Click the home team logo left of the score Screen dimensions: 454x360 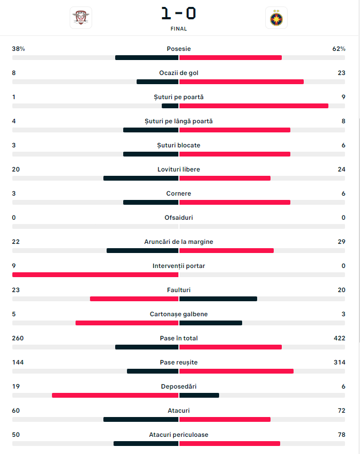[x=81, y=18]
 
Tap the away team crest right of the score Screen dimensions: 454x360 [x=276, y=18]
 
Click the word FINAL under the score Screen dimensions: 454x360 [x=179, y=29]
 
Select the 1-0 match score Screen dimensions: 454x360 [x=179, y=13]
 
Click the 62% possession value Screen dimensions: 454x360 [x=339, y=49]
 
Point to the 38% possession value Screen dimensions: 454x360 [x=19, y=49]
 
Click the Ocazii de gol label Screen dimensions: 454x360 [x=179, y=73]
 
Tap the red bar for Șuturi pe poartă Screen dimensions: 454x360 [x=254, y=106]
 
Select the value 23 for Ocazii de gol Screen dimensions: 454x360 [x=341, y=73]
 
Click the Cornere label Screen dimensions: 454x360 [x=179, y=193]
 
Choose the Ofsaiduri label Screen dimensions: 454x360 [x=179, y=218]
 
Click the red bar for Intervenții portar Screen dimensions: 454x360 [x=95, y=275]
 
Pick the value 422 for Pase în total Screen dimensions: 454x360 [x=339, y=338]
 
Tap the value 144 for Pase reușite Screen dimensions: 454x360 [x=18, y=362]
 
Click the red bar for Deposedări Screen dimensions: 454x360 [x=115, y=396]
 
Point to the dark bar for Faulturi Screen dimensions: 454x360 [x=218, y=299]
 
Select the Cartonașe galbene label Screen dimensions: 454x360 [x=179, y=314]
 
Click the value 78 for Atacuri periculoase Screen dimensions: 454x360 [x=341, y=435]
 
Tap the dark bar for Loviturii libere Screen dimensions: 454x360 [x=141, y=178]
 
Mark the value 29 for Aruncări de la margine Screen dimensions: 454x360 [x=341, y=242]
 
